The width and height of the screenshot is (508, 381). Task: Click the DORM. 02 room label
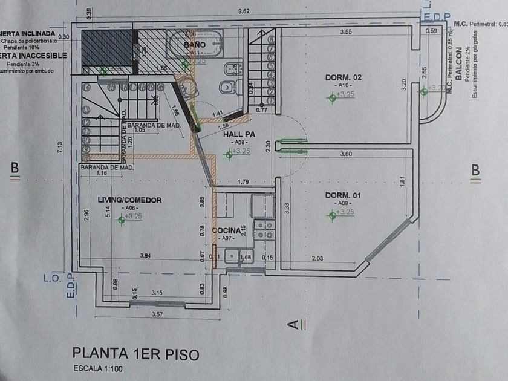[343, 77]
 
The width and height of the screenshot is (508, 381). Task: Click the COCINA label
[226, 230]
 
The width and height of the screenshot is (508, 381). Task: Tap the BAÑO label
[195, 45]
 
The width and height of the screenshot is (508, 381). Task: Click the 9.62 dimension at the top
[245, 11]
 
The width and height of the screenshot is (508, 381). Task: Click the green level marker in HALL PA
[229, 155]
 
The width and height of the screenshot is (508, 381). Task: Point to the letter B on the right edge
[476, 170]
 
